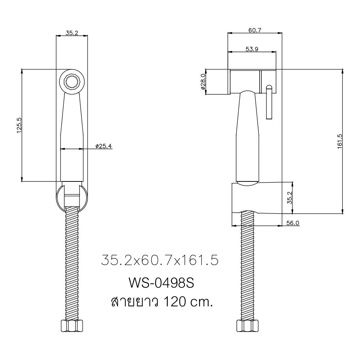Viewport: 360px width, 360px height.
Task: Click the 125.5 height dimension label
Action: click(x=19, y=125)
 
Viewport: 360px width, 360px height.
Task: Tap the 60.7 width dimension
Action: click(x=255, y=30)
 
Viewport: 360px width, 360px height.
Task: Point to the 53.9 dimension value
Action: click(x=252, y=49)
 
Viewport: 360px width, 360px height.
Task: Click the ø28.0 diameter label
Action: click(x=203, y=81)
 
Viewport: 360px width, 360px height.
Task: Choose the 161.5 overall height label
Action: click(x=339, y=141)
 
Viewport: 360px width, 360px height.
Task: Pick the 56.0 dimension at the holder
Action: click(x=293, y=223)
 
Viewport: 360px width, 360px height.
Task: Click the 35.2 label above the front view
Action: click(x=72, y=32)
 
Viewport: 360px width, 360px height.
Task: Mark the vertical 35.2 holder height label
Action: click(x=290, y=198)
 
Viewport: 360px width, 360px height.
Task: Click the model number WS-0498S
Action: click(x=161, y=283)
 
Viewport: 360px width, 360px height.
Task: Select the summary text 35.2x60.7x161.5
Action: click(x=159, y=260)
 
